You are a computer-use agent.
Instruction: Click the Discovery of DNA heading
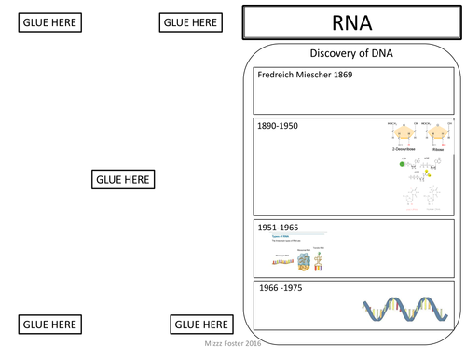pos(350,53)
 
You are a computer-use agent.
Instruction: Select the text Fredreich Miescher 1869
pos(305,75)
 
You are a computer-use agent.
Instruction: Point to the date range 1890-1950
pos(279,126)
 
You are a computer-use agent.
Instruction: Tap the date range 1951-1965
pos(279,226)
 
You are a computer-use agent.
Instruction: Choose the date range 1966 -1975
pos(281,287)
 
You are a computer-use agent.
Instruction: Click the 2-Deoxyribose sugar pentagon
pos(398,135)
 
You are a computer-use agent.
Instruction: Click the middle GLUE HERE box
pos(124,179)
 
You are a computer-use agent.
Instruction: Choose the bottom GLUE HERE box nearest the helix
pos(200,325)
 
